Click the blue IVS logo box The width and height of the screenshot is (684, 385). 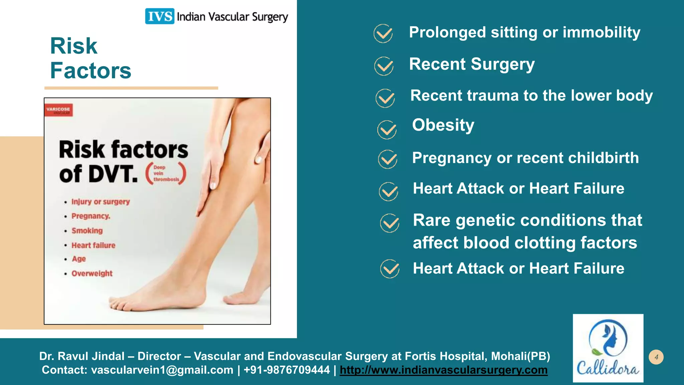(159, 16)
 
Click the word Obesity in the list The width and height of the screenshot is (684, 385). (443, 125)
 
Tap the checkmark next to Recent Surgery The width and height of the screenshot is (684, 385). (384, 66)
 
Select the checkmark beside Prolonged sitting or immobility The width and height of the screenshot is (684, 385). (383, 33)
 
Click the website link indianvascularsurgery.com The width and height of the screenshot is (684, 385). (444, 370)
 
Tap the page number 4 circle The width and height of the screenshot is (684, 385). (656, 357)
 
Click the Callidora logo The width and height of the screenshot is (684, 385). (608, 348)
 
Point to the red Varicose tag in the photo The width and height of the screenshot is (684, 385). (58, 110)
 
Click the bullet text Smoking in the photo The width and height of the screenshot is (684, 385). (87, 231)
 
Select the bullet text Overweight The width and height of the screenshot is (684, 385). (92, 273)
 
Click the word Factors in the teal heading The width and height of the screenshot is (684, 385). (91, 71)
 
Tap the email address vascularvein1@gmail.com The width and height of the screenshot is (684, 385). (162, 370)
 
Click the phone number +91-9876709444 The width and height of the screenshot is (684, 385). (287, 370)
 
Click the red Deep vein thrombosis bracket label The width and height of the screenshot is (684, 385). (166, 173)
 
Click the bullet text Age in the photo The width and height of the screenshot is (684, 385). (79, 259)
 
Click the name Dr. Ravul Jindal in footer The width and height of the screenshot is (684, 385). (82, 356)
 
